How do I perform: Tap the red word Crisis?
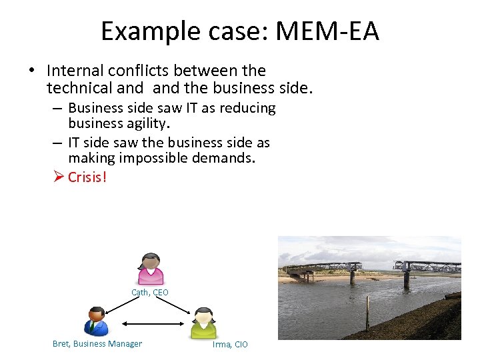87,177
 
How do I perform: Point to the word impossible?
151,158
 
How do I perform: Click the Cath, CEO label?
150,293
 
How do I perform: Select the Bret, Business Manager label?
97,344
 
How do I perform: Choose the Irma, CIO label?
230,345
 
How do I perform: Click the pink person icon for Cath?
150,269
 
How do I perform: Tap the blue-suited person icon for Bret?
97,321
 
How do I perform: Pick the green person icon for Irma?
203,323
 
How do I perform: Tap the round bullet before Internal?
31,71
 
